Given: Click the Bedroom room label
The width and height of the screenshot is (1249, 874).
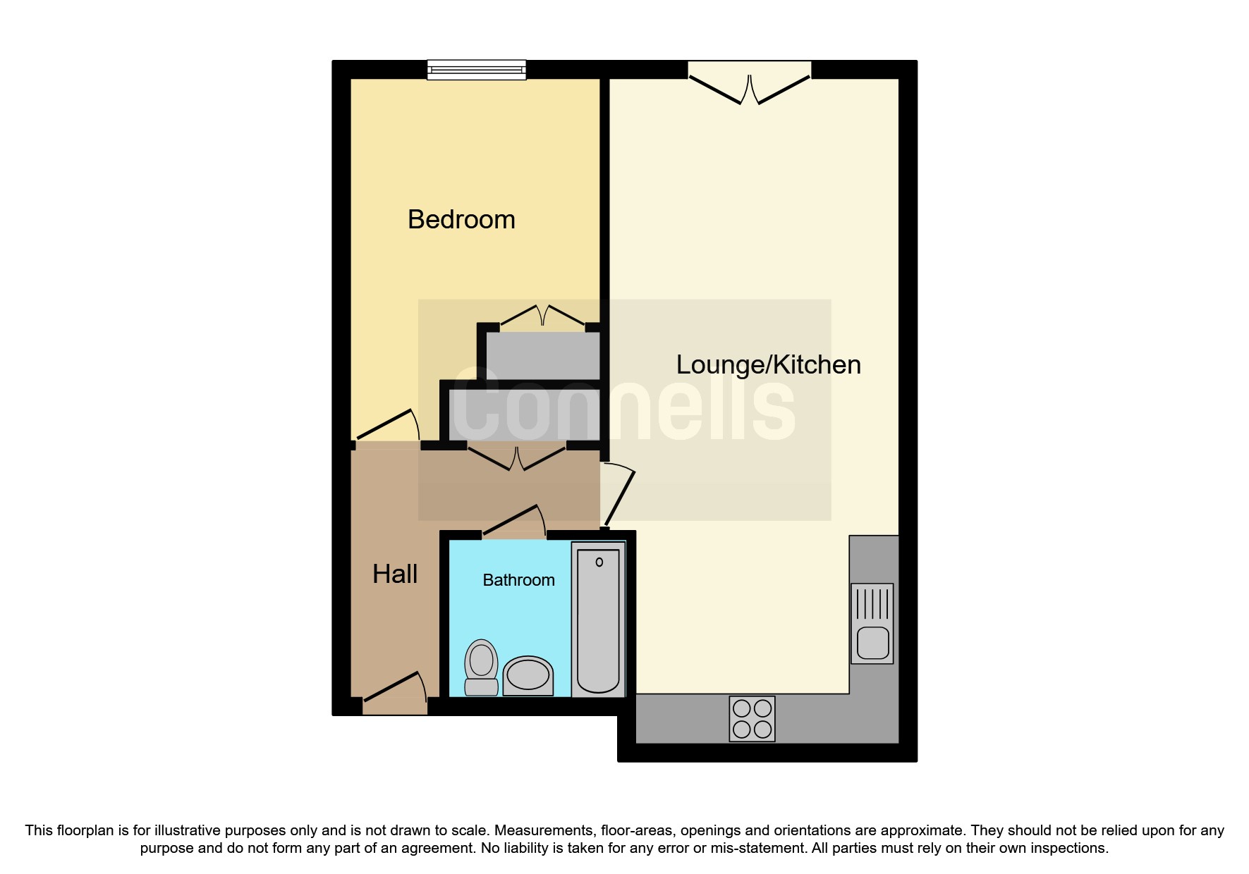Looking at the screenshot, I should (x=461, y=220).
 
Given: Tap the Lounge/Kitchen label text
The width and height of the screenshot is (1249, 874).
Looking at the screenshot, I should (x=768, y=365).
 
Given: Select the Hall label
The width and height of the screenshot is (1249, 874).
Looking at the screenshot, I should (x=395, y=574).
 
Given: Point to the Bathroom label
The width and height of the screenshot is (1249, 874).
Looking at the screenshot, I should (x=518, y=580).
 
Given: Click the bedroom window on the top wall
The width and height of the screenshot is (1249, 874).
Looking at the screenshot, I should (x=477, y=69).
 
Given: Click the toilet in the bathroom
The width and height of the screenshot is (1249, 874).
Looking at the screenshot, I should (x=482, y=667).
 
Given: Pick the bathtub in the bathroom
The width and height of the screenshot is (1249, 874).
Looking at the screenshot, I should (x=598, y=620).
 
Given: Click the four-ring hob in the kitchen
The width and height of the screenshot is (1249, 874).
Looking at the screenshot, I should (x=752, y=719).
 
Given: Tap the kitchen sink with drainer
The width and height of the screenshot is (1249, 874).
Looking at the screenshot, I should (x=872, y=623).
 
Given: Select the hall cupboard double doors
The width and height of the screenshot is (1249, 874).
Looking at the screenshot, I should (x=517, y=457).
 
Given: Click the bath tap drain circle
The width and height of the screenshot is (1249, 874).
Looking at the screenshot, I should (x=599, y=562).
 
